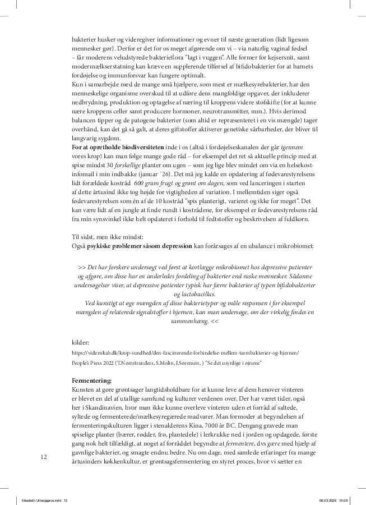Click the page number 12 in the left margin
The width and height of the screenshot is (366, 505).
pos(44,457)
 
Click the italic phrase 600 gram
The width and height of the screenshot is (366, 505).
pos(142,183)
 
